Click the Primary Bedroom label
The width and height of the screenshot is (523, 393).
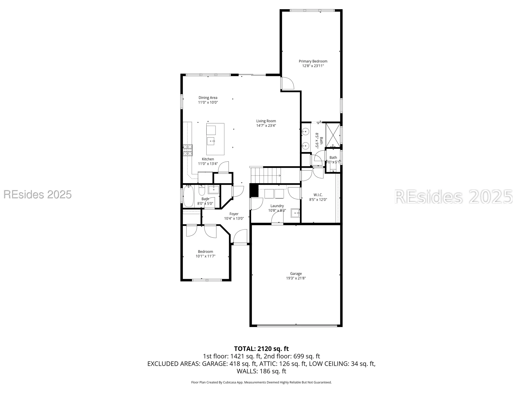pos(313,61)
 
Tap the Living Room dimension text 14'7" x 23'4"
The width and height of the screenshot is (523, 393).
pos(266,125)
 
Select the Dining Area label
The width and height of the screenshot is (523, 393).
pos(208,98)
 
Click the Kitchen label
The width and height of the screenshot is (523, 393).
pos(208,159)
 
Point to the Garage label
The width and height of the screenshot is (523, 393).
pos(296,274)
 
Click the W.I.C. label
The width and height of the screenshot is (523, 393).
pos(318,195)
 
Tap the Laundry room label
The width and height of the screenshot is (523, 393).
pos(277,206)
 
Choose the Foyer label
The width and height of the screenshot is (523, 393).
pos(234,214)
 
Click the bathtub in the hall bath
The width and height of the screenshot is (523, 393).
pos(188,196)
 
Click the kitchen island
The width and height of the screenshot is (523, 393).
pos(215,139)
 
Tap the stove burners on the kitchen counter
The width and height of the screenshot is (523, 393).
pos(187,150)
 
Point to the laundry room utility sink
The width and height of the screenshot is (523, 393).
pos(295,213)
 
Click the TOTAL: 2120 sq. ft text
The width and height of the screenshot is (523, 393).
pos(261,349)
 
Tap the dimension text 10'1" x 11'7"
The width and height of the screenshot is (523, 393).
pos(205,256)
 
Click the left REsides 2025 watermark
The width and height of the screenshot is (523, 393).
pos(37,194)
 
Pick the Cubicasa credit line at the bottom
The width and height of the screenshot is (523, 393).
pos(261,382)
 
